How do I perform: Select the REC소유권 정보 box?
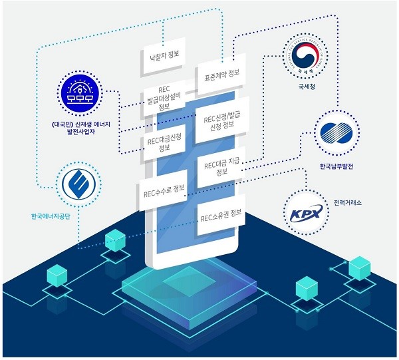221,216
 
